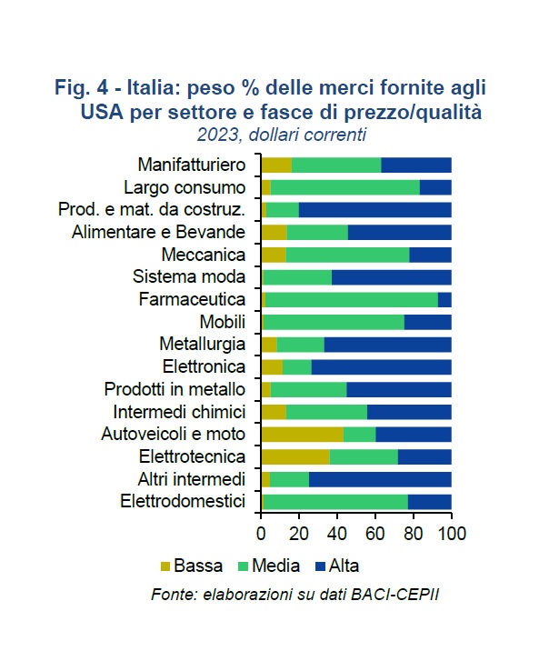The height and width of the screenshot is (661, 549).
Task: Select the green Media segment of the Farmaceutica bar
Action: tap(352, 299)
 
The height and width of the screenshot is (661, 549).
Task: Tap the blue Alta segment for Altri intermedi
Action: tap(380, 478)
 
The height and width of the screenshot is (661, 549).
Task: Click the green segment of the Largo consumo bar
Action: tap(345, 187)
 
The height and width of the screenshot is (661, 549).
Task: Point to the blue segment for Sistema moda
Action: tap(392, 276)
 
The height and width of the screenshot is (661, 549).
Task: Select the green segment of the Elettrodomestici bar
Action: tap(335, 501)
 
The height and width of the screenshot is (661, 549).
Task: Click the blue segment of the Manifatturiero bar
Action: tap(416, 165)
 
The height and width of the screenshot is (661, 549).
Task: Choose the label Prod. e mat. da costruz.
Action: tap(152, 209)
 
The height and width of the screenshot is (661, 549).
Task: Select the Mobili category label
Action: tap(223, 322)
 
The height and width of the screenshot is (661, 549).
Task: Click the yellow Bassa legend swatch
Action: tap(166, 566)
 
